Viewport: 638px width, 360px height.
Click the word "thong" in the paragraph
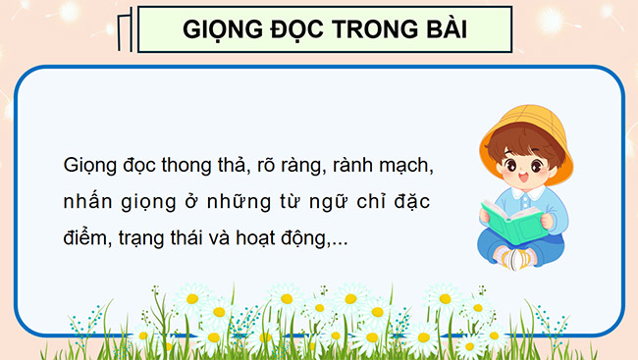point(200,164)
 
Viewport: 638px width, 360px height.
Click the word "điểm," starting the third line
point(85,238)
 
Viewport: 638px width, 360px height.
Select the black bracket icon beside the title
point(126,30)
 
